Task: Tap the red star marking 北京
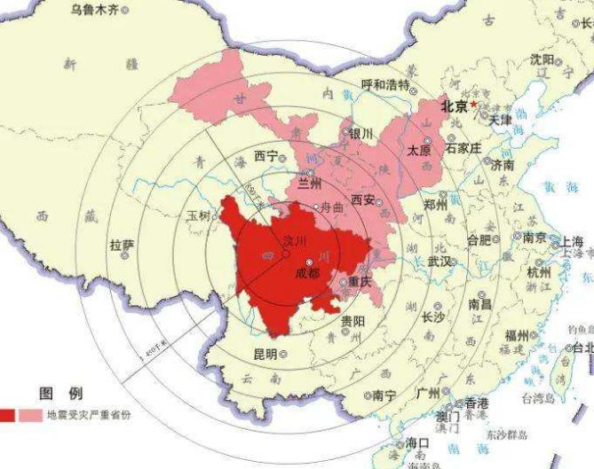[474, 104]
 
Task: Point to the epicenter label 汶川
[293, 241]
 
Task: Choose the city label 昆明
[265, 353]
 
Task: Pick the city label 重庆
[360, 282]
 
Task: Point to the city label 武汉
[439, 262]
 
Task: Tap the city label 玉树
[199, 215]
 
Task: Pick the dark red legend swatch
[7, 415]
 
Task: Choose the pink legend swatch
[30, 415]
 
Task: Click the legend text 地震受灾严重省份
[88, 415]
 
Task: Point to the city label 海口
[417, 442]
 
